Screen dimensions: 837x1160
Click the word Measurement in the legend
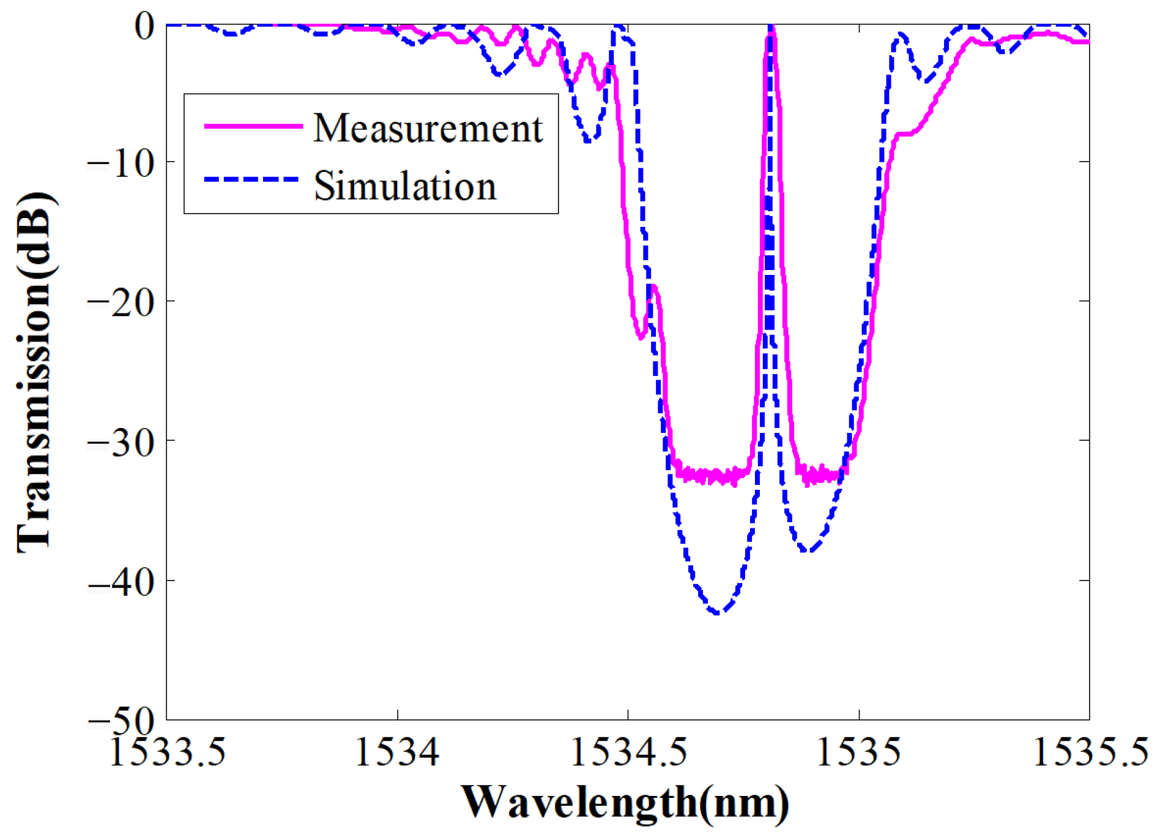pos(428,128)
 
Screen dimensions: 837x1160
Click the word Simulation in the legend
pos(405,186)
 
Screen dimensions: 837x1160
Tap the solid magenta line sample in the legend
pos(253,126)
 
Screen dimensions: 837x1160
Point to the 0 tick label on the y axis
pos(146,26)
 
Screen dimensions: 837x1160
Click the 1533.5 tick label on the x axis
pos(167,752)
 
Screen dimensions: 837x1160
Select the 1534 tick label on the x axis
pos(397,752)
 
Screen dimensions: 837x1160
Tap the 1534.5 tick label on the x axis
pos(628,752)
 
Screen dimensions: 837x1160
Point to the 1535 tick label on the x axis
pos(859,752)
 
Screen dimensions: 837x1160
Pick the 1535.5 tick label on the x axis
pos(1090,752)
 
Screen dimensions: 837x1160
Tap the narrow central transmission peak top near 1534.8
pos(771,28)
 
